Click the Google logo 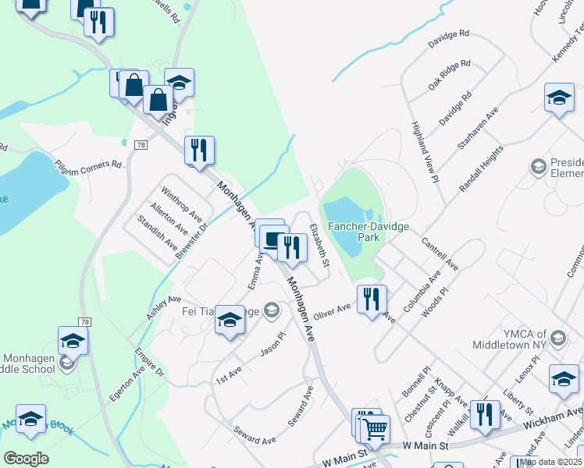pyautogui.click(x=27, y=458)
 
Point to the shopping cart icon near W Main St pyautogui.click(x=375, y=427)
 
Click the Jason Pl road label pyautogui.click(x=273, y=344)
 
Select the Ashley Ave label pyautogui.click(x=164, y=307)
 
